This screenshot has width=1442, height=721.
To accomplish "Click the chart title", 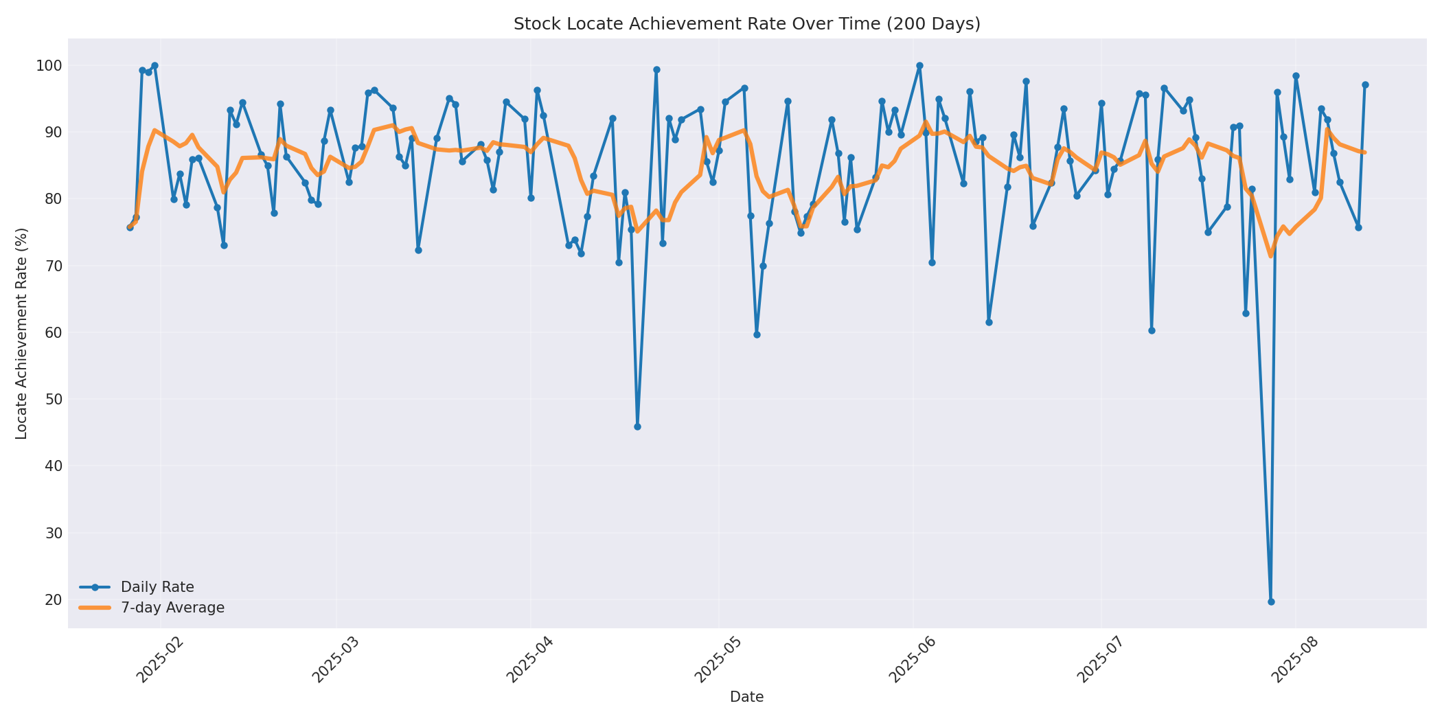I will tap(746, 24).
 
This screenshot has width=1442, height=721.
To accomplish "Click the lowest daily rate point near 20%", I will tap(1270, 602).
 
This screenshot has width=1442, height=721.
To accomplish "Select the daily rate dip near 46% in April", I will tap(637, 426).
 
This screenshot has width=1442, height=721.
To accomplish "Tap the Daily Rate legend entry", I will tap(157, 587).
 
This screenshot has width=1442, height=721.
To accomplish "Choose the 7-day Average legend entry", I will tap(172, 608).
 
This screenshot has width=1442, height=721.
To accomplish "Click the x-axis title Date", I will tap(746, 698).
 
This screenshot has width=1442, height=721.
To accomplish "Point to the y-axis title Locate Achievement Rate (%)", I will tap(22, 333).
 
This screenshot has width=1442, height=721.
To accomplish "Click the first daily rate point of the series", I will tap(130, 227).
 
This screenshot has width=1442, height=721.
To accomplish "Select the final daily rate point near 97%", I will tap(1364, 85).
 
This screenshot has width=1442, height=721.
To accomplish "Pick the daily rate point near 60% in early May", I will tap(757, 334).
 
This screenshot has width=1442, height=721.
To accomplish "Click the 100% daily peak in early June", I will tap(919, 66).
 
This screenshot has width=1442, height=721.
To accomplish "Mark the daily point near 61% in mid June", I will tap(989, 322).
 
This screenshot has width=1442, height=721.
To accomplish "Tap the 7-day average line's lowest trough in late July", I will tap(1270, 255).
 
